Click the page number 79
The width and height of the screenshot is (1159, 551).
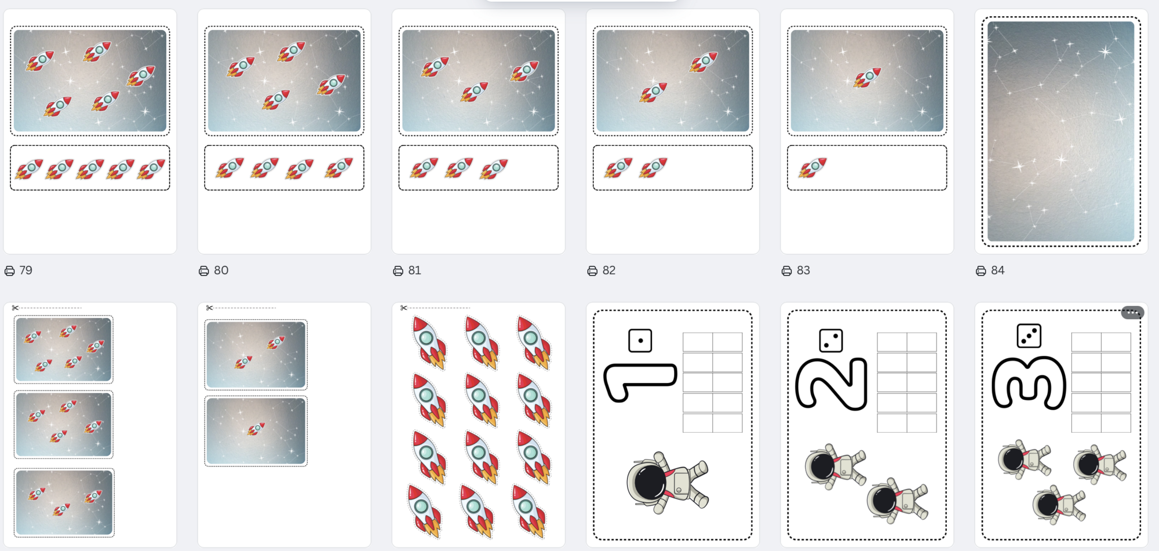[x=25, y=271]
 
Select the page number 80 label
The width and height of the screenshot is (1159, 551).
[x=221, y=271]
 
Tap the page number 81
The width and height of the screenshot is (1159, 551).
[x=414, y=271]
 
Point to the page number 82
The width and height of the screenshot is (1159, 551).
[x=609, y=271]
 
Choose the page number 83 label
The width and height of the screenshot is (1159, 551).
[x=803, y=271]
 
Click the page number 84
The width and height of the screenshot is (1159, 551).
[x=997, y=271]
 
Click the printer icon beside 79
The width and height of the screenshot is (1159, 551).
[x=10, y=271]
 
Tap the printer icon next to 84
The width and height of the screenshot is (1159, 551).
[x=981, y=271]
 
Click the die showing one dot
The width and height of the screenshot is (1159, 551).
[x=640, y=341]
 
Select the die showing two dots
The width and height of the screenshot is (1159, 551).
[x=831, y=341]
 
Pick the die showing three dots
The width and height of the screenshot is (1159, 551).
[x=1029, y=335]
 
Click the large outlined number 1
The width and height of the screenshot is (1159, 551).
[x=640, y=382]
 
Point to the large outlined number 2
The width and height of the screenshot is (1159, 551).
[x=832, y=384]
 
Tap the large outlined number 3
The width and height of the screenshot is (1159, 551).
[x=1029, y=383]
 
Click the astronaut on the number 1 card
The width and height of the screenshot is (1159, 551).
[x=668, y=483]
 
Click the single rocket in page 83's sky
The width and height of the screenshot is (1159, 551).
[x=867, y=78]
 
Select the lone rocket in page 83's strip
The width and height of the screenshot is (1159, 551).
[x=812, y=167]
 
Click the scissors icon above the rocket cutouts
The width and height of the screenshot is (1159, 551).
[x=403, y=308]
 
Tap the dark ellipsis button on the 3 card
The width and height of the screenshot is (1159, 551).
[x=1132, y=312]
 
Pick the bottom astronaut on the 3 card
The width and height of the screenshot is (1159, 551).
[x=1059, y=505]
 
